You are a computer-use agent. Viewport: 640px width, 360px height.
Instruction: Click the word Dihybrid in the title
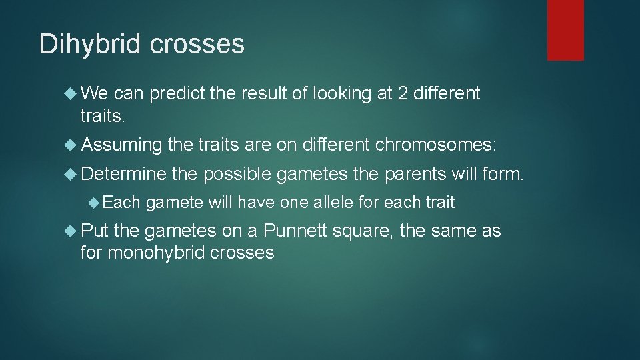(91, 44)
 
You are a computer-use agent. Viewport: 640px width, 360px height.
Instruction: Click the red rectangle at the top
(565, 30)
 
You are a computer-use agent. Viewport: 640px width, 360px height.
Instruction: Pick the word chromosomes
(436, 145)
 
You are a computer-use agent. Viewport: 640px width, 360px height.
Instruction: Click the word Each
(121, 202)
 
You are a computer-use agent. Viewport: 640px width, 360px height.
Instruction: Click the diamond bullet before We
(73, 94)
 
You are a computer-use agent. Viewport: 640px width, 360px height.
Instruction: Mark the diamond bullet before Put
(73, 232)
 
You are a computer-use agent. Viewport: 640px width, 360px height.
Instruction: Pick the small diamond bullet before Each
(95, 202)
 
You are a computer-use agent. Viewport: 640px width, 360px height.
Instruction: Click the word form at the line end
(506, 175)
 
